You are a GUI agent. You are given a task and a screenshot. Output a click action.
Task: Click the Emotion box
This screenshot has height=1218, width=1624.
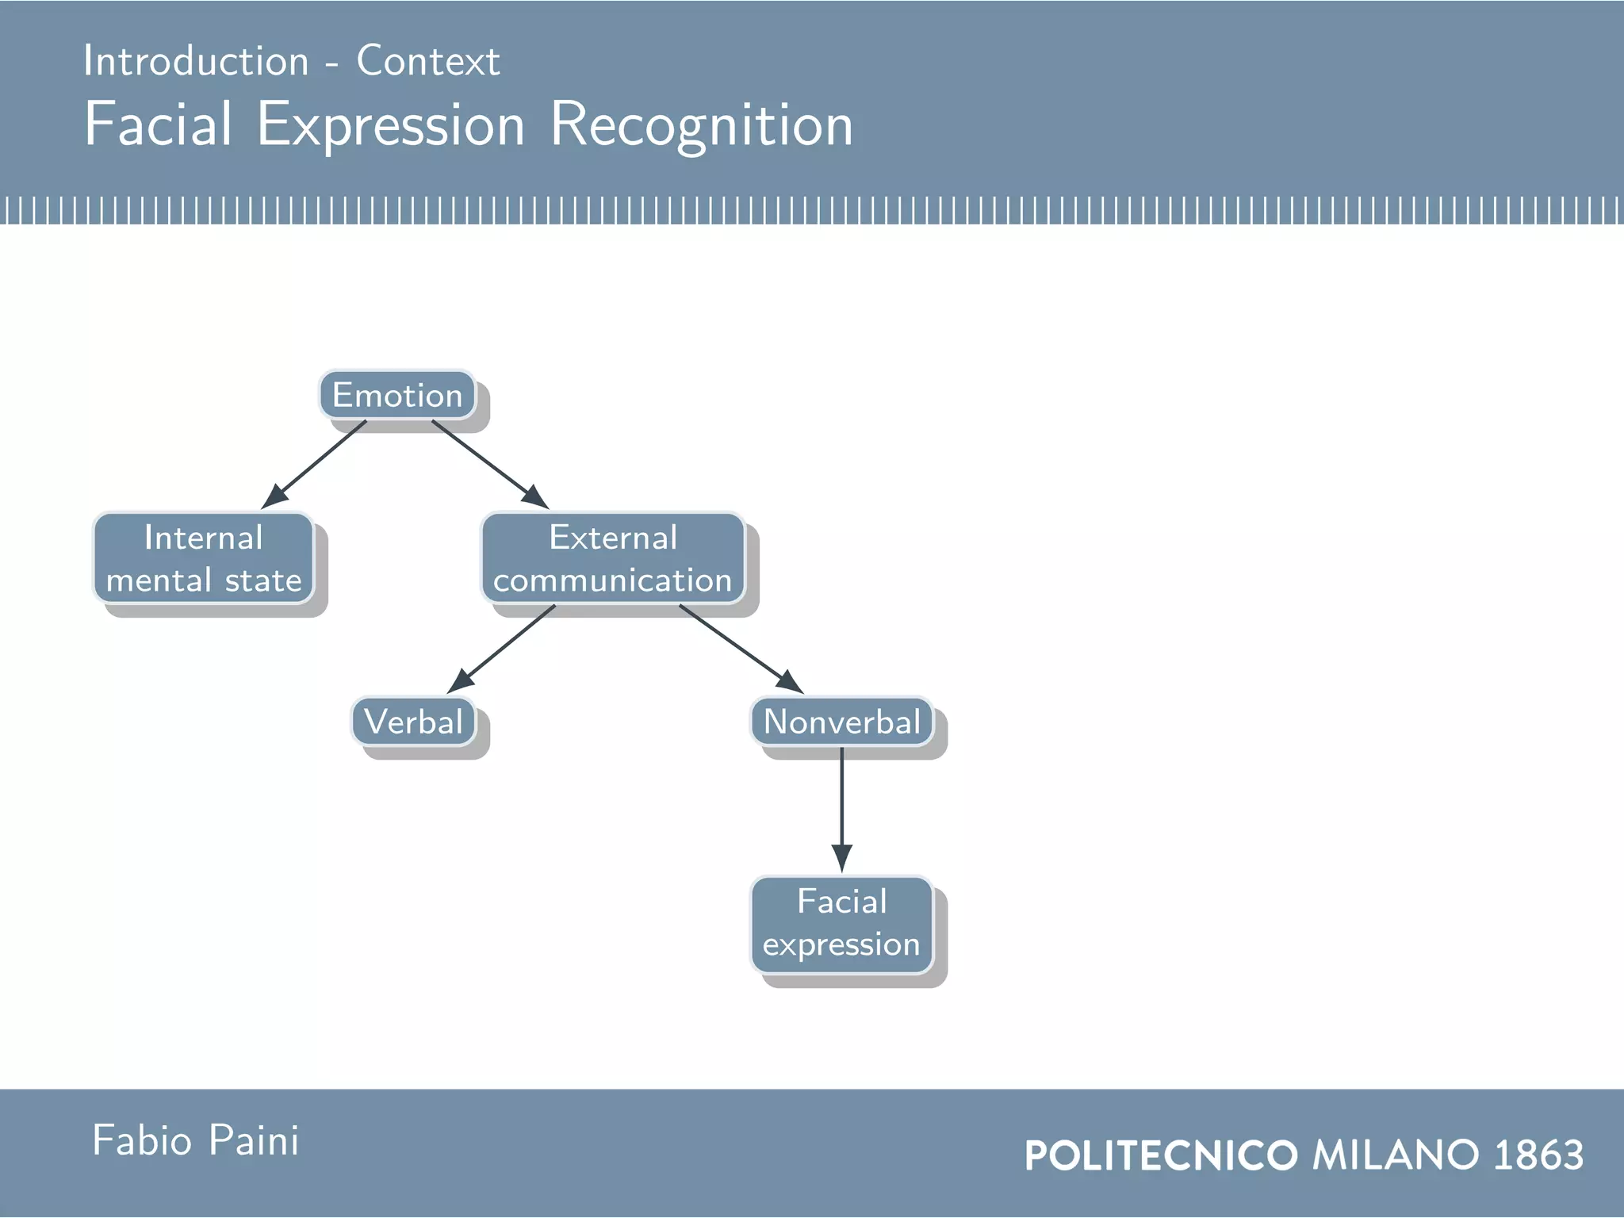click(396, 395)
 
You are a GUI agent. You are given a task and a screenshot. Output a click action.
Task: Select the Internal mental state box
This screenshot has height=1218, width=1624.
click(204, 558)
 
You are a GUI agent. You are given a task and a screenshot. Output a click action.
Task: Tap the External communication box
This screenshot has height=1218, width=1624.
click(612, 558)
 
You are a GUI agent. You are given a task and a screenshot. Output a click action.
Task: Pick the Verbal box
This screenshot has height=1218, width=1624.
click(413, 722)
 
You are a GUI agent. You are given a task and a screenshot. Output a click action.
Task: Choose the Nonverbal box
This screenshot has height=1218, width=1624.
click(841, 722)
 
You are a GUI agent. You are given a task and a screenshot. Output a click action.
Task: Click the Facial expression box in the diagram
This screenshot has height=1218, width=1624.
click(841, 924)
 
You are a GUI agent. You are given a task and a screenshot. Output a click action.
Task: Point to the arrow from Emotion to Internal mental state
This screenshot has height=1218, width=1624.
click(315, 464)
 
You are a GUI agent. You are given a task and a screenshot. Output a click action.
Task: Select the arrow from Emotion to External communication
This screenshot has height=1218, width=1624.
click(489, 464)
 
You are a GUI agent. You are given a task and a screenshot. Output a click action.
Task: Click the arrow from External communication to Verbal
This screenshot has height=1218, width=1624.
click(502, 649)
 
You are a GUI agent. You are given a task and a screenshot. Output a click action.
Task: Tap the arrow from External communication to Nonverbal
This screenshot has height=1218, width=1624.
click(741, 649)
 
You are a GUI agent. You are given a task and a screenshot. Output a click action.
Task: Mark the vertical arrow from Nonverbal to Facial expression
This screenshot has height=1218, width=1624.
click(841, 809)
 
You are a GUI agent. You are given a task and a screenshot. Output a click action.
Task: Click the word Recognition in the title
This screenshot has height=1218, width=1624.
click(701, 125)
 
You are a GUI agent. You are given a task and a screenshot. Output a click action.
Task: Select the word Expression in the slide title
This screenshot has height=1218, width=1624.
click(391, 125)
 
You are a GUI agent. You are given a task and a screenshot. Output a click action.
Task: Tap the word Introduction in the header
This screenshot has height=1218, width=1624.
click(196, 61)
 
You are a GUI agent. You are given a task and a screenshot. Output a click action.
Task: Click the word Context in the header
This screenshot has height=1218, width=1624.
click(428, 61)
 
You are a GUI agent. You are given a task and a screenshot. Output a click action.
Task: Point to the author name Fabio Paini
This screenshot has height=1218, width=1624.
click(196, 1140)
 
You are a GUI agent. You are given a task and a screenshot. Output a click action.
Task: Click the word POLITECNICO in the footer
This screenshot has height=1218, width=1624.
click(1161, 1155)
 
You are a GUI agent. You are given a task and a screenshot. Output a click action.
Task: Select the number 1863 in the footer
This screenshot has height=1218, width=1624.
click(1538, 1155)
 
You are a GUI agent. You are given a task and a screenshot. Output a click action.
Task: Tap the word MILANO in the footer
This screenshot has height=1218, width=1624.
click(1396, 1155)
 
